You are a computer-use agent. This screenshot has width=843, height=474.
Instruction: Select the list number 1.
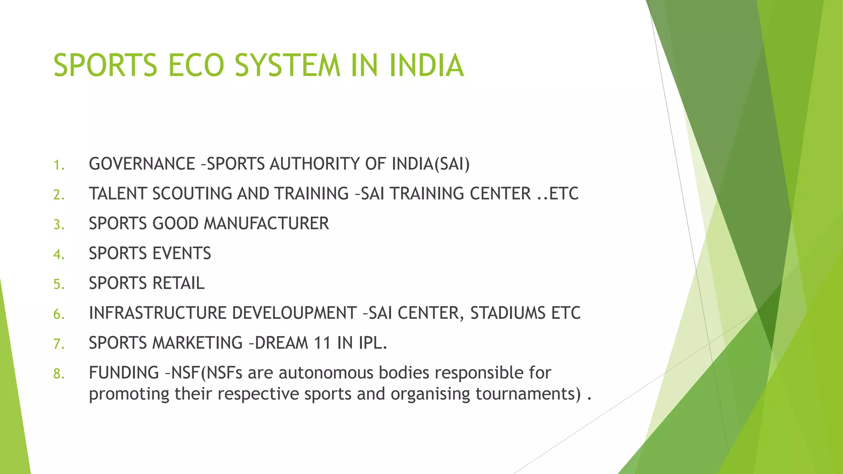pyautogui.click(x=59, y=165)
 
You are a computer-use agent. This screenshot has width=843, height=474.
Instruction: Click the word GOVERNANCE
pyautogui.click(x=142, y=164)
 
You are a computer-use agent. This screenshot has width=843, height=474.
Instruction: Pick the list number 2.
pyautogui.click(x=59, y=195)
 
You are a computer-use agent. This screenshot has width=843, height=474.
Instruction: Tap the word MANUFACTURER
pyautogui.click(x=266, y=224)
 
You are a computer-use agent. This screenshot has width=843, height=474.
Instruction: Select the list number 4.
pyautogui.click(x=59, y=255)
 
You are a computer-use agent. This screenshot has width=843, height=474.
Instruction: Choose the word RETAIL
pyautogui.click(x=178, y=283)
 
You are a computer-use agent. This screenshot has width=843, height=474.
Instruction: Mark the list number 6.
pyautogui.click(x=59, y=314)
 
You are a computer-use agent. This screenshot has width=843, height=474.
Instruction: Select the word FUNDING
pyautogui.click(x=124, y=373)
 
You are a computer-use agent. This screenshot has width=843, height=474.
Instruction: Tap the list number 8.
pyautogui.click(x=59, y=374)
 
